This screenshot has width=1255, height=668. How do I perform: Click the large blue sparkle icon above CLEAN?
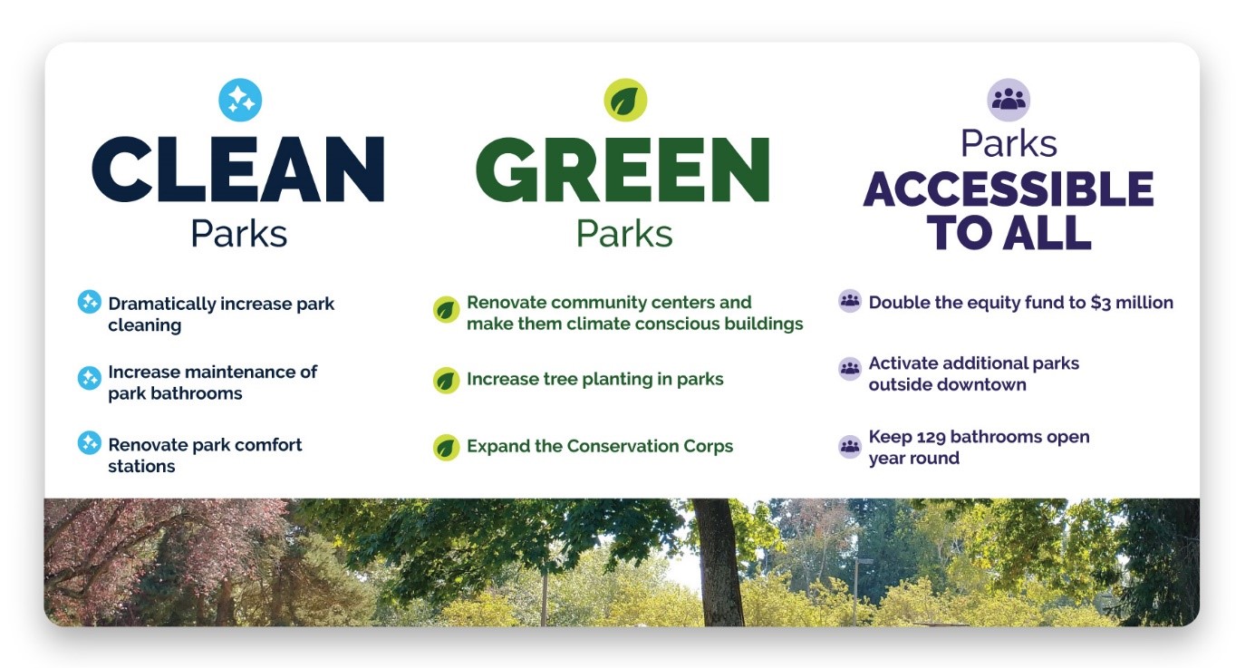(240, 100)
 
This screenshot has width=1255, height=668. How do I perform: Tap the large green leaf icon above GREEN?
(625, 100)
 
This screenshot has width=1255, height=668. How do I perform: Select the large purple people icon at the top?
(1009, 100)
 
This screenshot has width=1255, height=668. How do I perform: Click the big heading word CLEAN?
(238, 169)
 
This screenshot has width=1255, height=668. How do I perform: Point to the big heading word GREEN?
(623, 169)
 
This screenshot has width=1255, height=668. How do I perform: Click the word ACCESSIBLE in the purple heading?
(1009, 189)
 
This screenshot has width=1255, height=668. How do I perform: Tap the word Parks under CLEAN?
(238, 233)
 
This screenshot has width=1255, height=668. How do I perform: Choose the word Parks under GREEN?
(624, 233)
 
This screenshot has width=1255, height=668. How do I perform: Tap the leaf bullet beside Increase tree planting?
(446, 381)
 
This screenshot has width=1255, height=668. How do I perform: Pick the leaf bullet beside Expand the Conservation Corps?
(446, 448)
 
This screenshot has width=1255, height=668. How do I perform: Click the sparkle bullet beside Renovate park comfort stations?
(89, 442)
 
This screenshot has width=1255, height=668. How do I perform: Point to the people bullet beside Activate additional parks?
(850, 369)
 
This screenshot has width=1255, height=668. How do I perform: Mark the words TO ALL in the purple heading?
(1009, 232)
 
